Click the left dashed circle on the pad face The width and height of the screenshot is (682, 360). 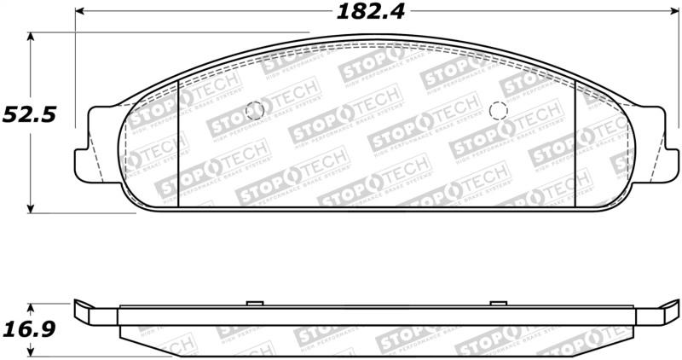point(253,110)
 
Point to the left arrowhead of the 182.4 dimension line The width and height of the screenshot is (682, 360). point(79,13)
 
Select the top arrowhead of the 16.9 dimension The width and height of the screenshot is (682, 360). point(32,306)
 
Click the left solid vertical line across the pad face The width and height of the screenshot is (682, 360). point(176,145)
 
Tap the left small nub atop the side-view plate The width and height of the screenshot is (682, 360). point(252,303)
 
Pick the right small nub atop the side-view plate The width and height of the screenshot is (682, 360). point(498,303)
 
